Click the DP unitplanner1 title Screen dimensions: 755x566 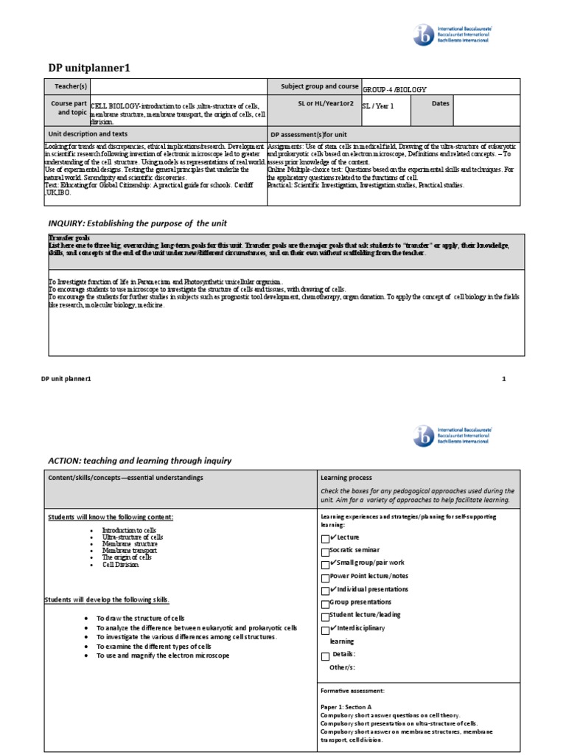click(88, 67)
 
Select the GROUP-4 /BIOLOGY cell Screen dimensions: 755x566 click(394, 89)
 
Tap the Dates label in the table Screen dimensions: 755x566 click(440, 104)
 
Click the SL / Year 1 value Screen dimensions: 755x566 click(377, 106)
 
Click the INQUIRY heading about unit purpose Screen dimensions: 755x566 click(137, 223)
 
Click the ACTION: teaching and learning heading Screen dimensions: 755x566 click(139, 461)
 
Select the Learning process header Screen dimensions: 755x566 click(346, 478)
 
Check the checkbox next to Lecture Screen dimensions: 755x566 click(325, 540)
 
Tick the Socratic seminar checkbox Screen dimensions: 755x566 click(325, 552)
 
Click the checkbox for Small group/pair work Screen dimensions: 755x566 click(325, 565)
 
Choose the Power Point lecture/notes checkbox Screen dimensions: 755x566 click(325, 578)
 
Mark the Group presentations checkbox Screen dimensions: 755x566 click(325, 604)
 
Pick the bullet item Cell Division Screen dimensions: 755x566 click(120, 565)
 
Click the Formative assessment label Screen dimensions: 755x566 click(352, 691)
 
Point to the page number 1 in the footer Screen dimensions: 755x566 click(504, 379)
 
